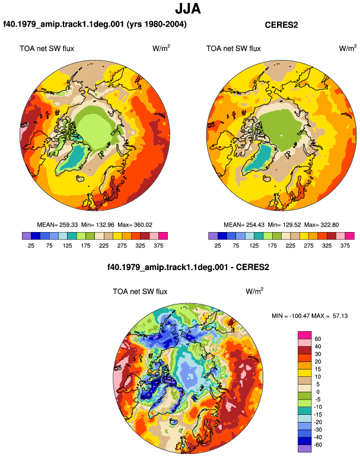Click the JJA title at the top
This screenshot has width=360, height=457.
[x=188, y=9]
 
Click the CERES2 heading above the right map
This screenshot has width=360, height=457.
[x=281, y=25]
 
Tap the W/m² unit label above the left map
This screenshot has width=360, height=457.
[x=161, y=48]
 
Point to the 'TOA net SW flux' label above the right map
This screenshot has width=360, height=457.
[x=233, y=49]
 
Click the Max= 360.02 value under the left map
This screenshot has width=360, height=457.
[x=135, y=225]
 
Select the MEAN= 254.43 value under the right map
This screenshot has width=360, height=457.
[x=244, y=225]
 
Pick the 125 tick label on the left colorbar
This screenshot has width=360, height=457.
[x=67, y=246]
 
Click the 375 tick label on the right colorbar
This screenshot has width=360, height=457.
[x=345, y=246]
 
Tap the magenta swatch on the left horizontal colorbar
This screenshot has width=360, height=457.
[x=163, y=236]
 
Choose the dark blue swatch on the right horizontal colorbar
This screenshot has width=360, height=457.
[x=222, y=236]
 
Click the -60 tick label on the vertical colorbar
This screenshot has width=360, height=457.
[x=318, y=445]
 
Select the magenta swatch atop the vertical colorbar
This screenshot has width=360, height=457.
[x=305, y=335]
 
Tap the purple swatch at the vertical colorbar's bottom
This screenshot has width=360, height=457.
[x=305, y=449]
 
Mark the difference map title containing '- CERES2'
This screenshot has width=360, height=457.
[x=188, y=267]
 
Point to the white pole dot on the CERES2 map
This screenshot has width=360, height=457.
[x=281, y=135]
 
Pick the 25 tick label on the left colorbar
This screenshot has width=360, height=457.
[x=31, y=246]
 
